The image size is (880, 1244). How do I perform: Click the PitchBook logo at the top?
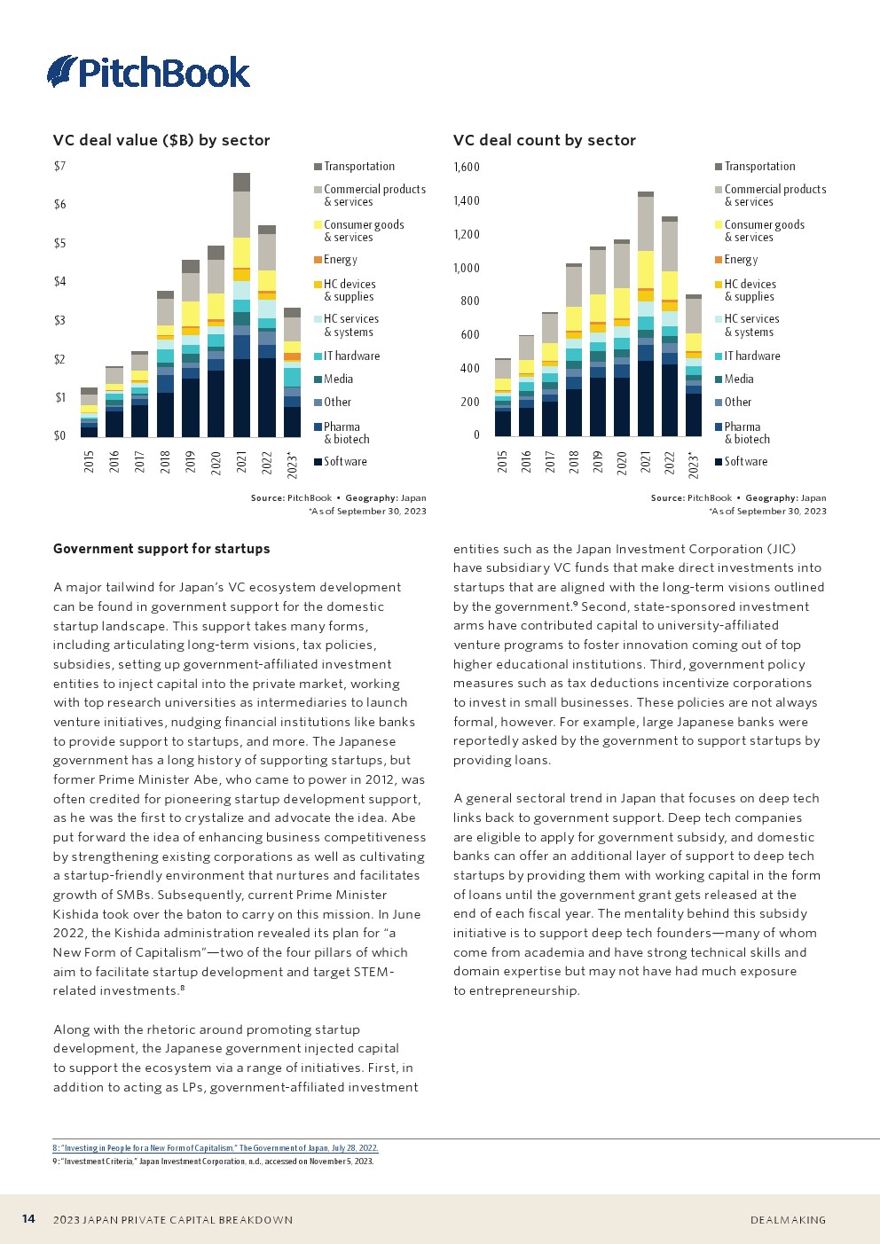149,72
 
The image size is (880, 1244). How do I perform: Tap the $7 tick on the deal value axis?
59,166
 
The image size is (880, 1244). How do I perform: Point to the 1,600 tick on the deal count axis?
467,167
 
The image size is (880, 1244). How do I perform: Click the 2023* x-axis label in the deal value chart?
293,465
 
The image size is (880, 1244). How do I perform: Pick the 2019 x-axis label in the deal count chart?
598,461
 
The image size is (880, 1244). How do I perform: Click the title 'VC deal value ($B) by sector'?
161,140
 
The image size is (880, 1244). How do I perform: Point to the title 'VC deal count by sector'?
544,140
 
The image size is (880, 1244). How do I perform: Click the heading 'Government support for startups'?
161,549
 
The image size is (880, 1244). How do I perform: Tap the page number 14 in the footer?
28,1219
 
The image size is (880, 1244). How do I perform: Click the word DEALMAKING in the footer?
788,1220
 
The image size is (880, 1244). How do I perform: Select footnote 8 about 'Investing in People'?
216,1148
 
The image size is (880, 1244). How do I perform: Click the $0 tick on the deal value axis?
59,435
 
